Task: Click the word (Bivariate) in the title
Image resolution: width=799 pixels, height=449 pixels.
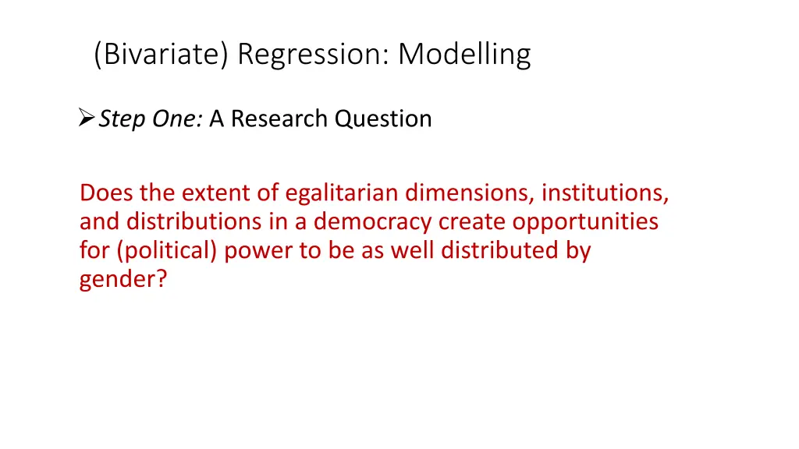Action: click(161, 55)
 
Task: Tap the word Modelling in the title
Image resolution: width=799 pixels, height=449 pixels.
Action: click(465, 55)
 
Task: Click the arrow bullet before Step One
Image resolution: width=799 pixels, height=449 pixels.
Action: click(87, 119)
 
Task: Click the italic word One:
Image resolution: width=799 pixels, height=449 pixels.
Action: click(176, 119)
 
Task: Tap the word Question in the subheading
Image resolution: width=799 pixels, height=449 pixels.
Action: click(383, 119)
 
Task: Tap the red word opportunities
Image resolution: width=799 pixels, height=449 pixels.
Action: click(585, 222)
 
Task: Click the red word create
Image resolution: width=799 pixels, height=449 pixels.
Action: click(473, 222)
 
